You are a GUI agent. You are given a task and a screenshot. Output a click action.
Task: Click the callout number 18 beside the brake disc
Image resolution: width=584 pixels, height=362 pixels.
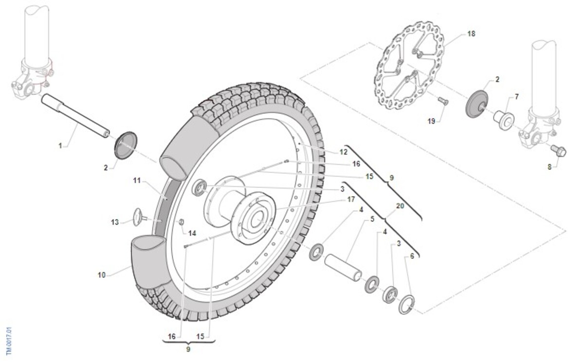coord(472,34)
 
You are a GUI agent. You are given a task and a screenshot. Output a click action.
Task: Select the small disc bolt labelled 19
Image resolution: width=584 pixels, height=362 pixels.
coord(443,101)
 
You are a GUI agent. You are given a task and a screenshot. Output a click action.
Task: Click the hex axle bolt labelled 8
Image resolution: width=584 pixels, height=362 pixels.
coord(559,151)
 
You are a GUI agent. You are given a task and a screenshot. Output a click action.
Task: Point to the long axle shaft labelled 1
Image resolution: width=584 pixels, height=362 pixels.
coord(75,116)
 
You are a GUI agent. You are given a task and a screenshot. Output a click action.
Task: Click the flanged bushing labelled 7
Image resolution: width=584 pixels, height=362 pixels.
coord(503,120)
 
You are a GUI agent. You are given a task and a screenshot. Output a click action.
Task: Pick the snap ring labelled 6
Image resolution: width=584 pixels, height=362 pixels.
coord(407,305)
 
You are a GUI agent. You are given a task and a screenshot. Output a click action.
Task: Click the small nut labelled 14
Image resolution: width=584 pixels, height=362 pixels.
coord(181,222)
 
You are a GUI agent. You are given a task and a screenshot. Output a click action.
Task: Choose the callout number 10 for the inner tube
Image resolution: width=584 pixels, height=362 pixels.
coord(101,275)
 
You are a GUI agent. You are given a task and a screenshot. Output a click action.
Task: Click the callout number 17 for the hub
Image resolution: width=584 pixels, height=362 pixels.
coord(351,199)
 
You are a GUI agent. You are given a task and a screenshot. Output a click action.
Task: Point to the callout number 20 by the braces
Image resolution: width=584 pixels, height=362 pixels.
coord(400,206)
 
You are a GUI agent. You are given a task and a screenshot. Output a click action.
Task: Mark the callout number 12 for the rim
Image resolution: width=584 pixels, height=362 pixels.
coord(344,152)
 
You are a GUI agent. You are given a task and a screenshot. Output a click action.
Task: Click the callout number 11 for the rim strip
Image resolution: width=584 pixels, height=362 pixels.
coord(137,181)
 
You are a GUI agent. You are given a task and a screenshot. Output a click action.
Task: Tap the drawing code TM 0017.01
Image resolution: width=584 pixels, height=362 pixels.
coord(9,341)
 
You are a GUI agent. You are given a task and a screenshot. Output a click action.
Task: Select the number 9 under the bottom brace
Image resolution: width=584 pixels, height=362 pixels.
coord(188,349)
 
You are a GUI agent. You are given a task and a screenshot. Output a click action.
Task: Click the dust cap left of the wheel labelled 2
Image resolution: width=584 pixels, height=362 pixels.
coord(126,145)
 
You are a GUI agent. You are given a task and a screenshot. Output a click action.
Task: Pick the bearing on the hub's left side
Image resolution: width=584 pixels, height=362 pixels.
coord(200,187)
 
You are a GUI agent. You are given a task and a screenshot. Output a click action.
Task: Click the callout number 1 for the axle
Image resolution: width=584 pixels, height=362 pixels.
coord(60,145)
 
